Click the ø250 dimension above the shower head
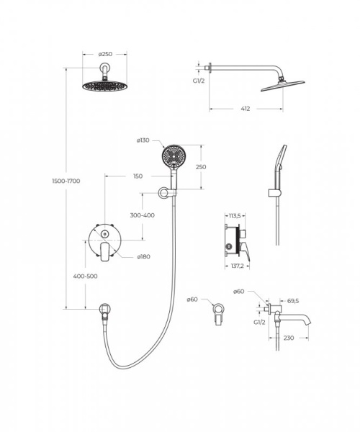click(x=105, y=54)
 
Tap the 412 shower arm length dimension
click(x=245, y=109)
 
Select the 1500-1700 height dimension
click(x=66, y=181)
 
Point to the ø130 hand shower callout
click(x=143, y=140)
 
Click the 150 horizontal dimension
click(x=138, y=176)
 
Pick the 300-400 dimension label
click(x=142, y=215)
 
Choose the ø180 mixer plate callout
click(x=143, y=256)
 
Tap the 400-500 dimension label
click(x=85, y=276)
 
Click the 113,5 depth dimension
click(x=235, y=216)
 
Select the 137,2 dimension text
click(x=237, y=266)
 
